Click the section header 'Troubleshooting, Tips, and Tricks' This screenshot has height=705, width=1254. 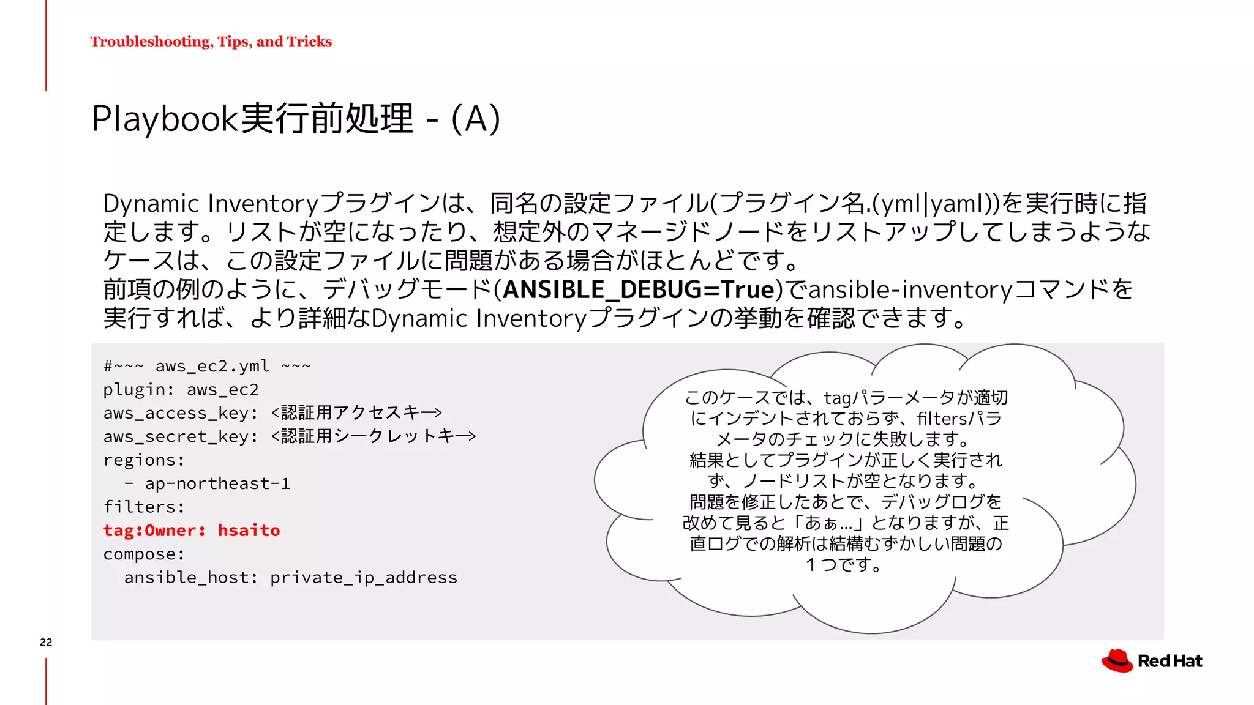[211, 42]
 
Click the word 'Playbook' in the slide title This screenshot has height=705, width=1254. [164, 118]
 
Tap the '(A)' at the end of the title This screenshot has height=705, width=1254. [476, 118]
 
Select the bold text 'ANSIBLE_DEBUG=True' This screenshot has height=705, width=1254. [639, 289]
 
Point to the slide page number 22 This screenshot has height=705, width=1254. [46, 642]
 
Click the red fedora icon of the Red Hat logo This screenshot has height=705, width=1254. [1117, 661]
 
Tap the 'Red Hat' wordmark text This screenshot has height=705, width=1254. [1170, 661]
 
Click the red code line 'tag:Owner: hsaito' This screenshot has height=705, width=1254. [191, 531]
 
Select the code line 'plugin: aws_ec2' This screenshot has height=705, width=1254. [181, 390]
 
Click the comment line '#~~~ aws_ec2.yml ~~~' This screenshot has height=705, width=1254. [207, 367]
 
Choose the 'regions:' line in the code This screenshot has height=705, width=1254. [144, 460]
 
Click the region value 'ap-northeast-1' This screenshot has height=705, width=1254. [217, 483]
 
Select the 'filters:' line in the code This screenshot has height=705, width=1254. [144, 507]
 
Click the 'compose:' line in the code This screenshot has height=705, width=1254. [144, 554]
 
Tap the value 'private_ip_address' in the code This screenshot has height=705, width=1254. [364, 578]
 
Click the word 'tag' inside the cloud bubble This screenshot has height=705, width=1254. [837, 398]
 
